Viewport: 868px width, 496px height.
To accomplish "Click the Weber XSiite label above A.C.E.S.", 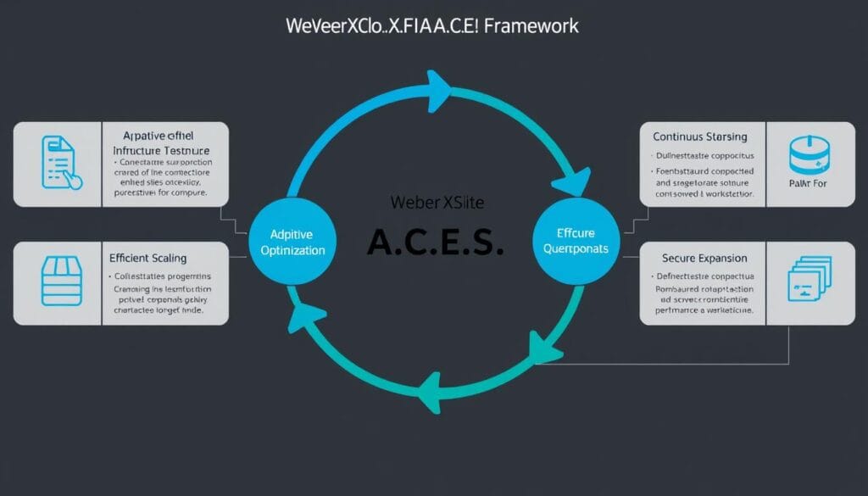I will (x=435, y=203).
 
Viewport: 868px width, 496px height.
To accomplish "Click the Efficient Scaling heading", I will (x=148, y=258).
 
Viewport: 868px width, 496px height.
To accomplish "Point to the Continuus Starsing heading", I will (x=700, y=136).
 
